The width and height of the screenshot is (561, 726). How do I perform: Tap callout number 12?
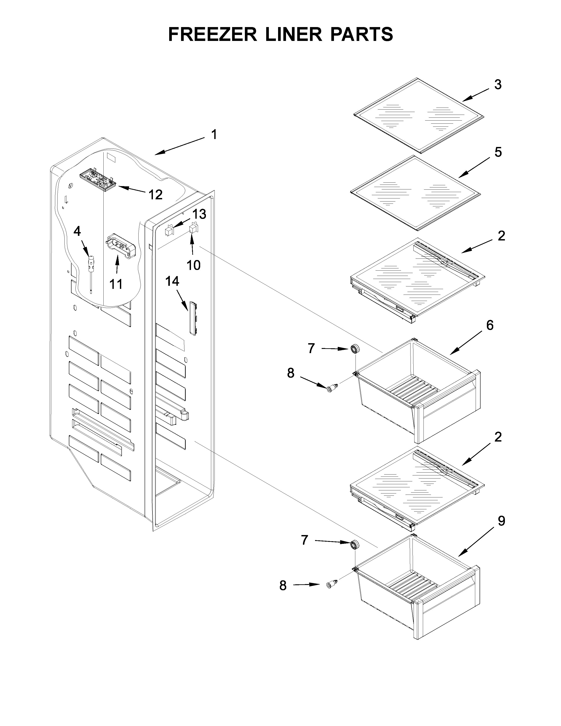tap(155, 195)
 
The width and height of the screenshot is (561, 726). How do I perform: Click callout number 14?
tap(172, 281)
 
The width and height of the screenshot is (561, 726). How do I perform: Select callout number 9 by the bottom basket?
tap(501, 521)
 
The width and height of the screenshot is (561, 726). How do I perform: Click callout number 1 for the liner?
tap(214, 135)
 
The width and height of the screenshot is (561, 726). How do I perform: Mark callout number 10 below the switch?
tap(193, 265)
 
